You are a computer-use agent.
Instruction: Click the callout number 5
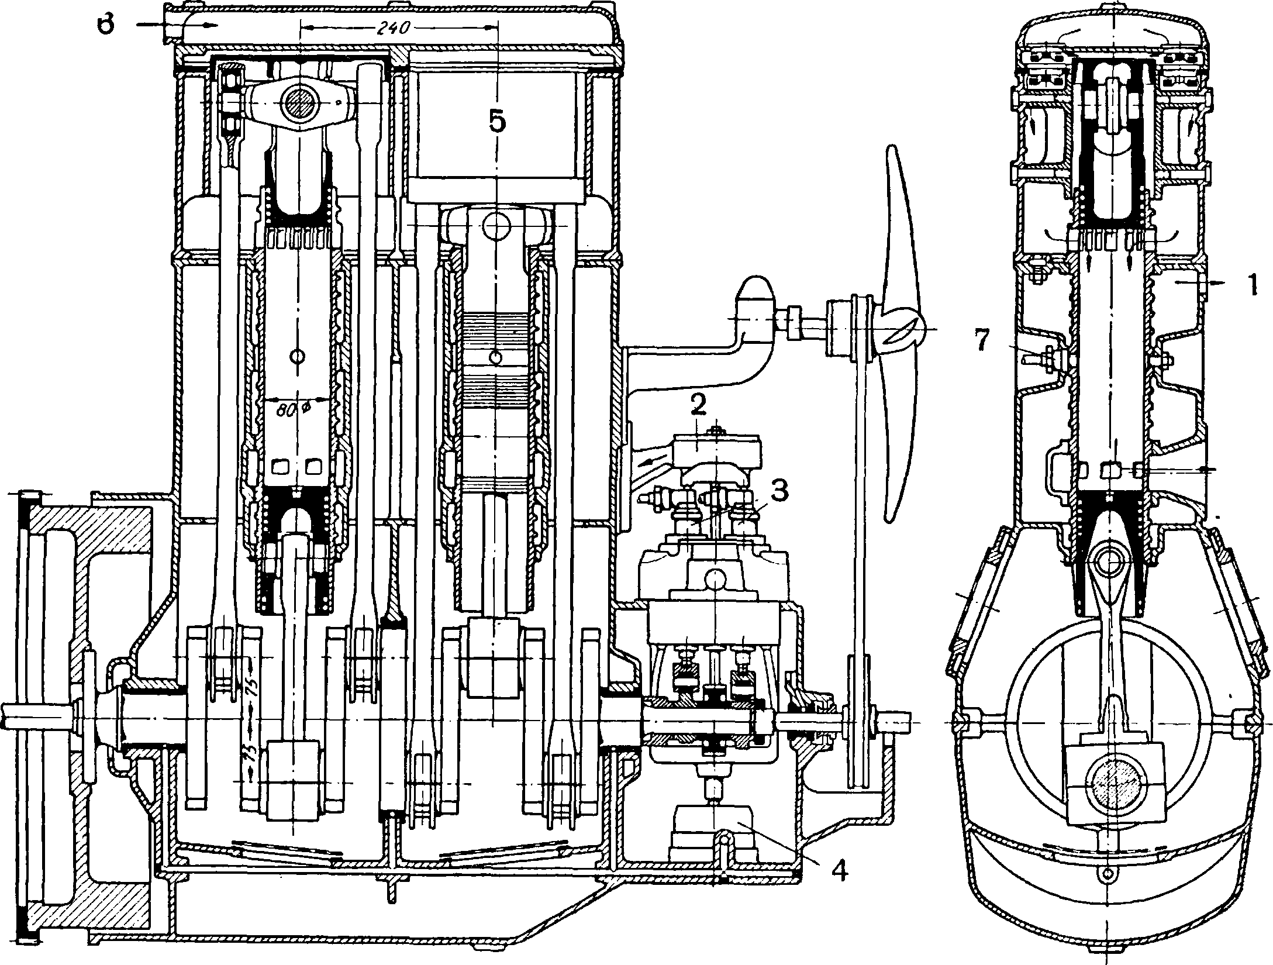pyautogui.click(x=496, y=123)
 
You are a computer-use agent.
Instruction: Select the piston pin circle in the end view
pyautogui.click(x=1105, y=560)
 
